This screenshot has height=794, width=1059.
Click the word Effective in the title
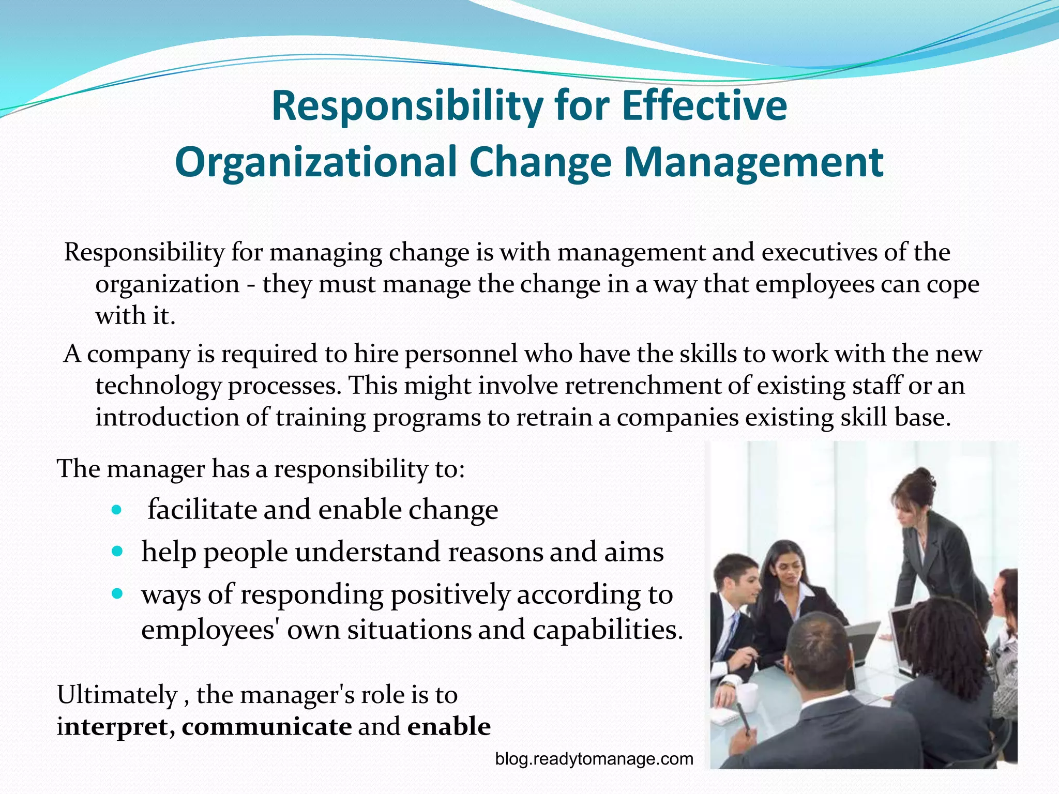pyautogui.click(x=704, y=106)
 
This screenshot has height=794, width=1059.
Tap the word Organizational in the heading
pyautogui.click(x=316, y=162)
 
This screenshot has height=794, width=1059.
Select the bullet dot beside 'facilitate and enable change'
pyautogui.click(x=117, y=510)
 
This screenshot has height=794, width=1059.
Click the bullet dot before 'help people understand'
pyautogui.click(x=117, y=552)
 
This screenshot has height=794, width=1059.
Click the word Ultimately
pyautogui.click(x=117, y=695)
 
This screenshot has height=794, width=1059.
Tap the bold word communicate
pyautogui.click(x=267, y=727)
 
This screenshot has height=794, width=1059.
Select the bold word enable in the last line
pyautogui.click(x=449, y=727)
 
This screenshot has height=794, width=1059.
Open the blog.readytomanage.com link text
pyautogui.click(x=594, y=759)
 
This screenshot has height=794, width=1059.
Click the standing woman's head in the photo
pyautogui.click(x=914, y=496)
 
